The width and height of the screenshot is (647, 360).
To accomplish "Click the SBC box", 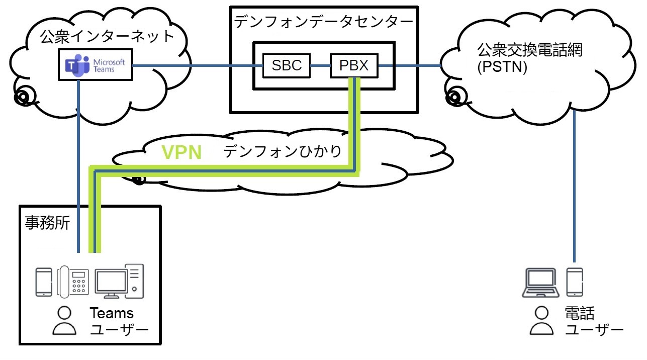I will [x=287, y=65].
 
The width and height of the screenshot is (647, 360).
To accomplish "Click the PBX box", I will [x=354, y=65].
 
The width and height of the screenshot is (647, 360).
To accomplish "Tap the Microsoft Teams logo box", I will [x=96, y=64].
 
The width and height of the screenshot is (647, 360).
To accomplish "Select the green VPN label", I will [x=181, y=151].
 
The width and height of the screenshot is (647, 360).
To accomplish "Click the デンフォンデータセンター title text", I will [x=323, y=21].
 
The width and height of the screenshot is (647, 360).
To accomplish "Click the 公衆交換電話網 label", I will [x=529, y=51].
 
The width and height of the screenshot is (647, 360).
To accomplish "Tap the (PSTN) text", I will [x=501, y=67].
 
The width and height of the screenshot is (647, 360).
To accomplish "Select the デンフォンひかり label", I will [x=283, y=151].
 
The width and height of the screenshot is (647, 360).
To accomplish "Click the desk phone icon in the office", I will [x=73, y=281].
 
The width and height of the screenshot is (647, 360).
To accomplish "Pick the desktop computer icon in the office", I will [x=120, y=281].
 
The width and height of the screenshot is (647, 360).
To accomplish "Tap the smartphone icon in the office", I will [x=44, y=282].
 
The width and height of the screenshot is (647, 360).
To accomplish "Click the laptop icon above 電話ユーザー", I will [x=541, y=282].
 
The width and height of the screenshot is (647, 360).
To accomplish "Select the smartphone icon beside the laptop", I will [x=575, y=282].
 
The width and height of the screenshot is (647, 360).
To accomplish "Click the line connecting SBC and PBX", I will [x=320, y=65].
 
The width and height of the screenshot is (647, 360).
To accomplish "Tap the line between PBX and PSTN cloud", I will [x=410, y=65].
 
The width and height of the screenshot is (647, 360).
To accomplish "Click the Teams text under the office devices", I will [x=112, y=314].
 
